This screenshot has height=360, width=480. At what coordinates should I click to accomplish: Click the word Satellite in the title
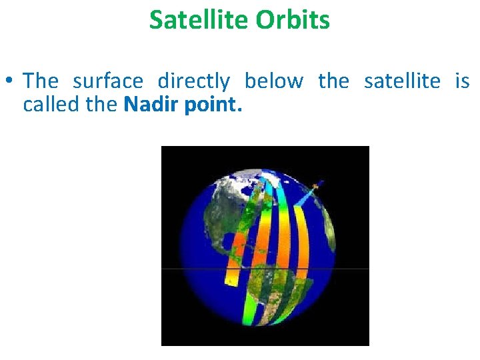(x=191, y=20)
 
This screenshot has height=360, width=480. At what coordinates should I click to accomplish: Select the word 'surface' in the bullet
(x=107, y=81)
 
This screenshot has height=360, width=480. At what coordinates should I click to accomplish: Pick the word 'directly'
(x=193, y=82)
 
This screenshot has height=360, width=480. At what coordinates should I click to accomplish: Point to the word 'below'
(x=273, y=81)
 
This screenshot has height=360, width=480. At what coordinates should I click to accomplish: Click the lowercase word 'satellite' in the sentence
(x=401, y=81)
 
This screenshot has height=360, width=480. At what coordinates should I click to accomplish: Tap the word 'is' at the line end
(x=461, y=81)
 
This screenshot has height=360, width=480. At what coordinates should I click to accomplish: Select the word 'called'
(x=49, y=105)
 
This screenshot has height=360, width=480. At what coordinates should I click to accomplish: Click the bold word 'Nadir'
(x=153, y=105)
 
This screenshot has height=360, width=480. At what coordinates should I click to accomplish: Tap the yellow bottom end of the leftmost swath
(x=231, y=280)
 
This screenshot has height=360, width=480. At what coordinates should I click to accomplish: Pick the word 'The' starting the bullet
(x=41, y=81)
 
